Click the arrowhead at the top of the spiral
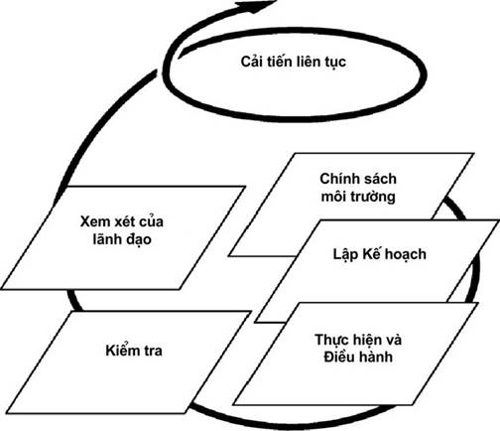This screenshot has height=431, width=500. pyautogui.click(x=256, y=7)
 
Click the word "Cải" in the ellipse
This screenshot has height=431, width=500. pyautogui.click(x=252, y=62)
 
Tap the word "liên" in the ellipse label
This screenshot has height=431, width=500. pyautogui.click(x=310, y=62)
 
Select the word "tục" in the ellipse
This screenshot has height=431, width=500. pyautogui.click(x=335, y=63)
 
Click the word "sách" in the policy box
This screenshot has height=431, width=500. pyautogui.click(x=379, y=179)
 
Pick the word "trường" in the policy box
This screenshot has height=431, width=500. pyautogui.click(x=373, y=197)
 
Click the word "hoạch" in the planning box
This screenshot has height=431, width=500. pyautogui.click(x=406, y=255)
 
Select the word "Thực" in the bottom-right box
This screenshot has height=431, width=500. pyautogui.click(x=332, y=341)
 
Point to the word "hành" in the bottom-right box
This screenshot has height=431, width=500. pyautogui.click(x=376, y=357)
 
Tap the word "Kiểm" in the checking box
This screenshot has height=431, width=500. pyautogui.click(x=120, y=351)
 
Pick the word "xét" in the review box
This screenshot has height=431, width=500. pyautogui.click(x=124, y=221)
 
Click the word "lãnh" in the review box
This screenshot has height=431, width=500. pyautogui.click(x=108, y=239)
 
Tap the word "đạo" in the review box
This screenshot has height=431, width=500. pyautogui.click(x=139, y=239)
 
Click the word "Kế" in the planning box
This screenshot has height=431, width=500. pyautogui.click(x=372, y=253)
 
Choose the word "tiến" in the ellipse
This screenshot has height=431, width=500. pyautogui.click(x=280, y=62)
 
